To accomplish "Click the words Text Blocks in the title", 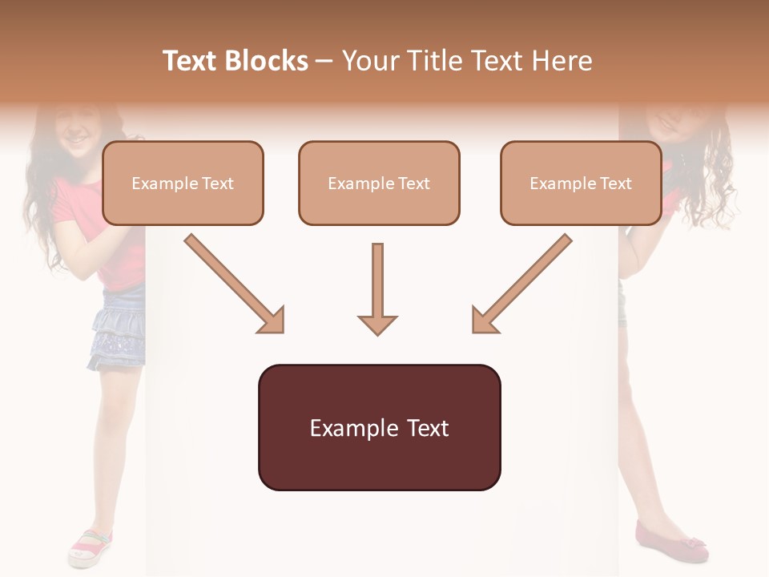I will [236, 61].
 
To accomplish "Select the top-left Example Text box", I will [183, 183].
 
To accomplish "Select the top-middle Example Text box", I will [379, 183].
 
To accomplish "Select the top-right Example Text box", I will [581, 183].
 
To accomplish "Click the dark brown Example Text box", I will [379, 427].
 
